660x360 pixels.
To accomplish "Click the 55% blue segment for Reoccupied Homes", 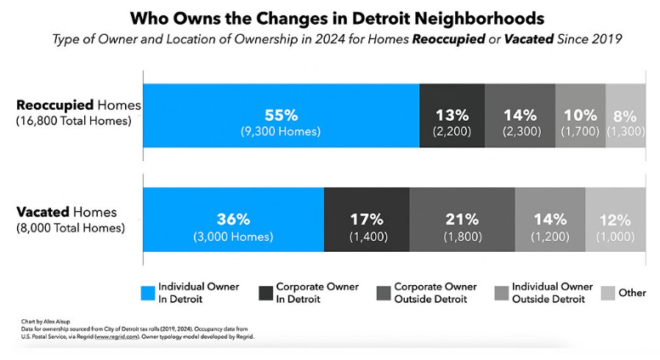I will click(x=281, y=116).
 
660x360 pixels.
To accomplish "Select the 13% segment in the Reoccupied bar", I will click(x=452, y=116).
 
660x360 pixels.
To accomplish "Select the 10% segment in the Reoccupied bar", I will click(x=580, y=116).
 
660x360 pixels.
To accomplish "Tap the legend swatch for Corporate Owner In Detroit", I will click(x=264, y=293).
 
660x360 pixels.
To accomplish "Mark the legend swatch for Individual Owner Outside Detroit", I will click(x=503, y=293).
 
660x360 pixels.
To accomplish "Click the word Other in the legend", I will click(x=632, y=293).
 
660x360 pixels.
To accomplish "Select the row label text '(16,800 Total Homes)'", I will click(x=72, y=121).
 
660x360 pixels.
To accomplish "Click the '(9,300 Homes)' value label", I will click(x=281, y=131).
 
